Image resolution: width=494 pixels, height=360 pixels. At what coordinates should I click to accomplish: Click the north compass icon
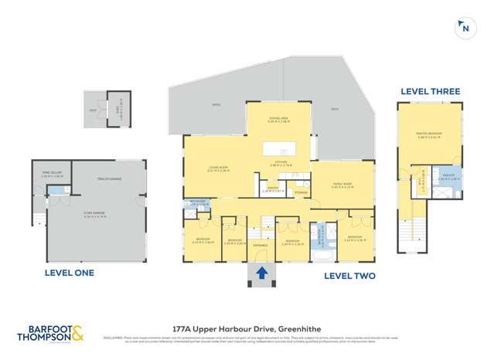[x=465, y=29]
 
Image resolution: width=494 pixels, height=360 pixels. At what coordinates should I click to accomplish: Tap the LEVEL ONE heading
[x=68, y=273]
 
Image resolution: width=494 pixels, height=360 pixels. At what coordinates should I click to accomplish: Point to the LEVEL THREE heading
[x=430, y=91]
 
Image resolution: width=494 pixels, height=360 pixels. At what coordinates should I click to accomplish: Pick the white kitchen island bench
[x=279, y=148]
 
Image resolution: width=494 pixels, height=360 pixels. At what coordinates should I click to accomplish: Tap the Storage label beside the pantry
[x=301, y=192]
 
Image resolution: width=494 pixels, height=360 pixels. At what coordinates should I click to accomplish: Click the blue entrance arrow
[x=261, y=272]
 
